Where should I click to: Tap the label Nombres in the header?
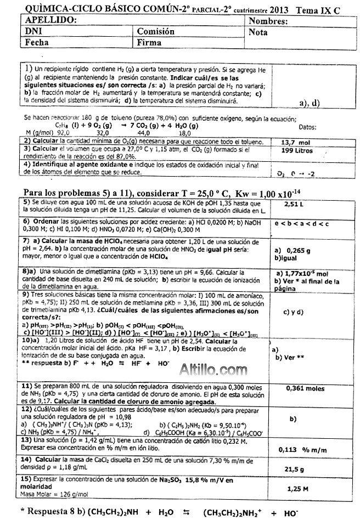(x=268, y=21)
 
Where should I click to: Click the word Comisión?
(x=156, y=32)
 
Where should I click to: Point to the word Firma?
(x=149, y=42)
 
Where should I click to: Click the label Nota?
(x=258, y=32)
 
